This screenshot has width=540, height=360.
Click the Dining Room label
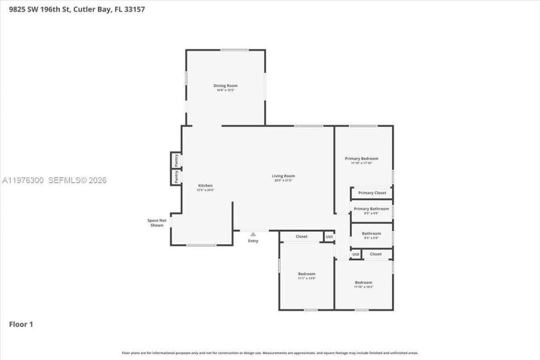coord(225,86)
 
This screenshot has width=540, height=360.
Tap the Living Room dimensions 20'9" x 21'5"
coord(283,181)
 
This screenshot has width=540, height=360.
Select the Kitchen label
coord(205,186)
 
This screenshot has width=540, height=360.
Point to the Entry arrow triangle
coord(253,234)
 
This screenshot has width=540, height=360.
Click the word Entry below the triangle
coord(253,241)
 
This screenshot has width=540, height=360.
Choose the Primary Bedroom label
coord(362,159)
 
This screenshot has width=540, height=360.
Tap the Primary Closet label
coord(372,193)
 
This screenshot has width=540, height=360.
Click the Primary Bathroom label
coord(371,209)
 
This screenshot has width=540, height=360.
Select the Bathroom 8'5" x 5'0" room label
coord(371,233)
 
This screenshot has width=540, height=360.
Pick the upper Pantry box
coord(176,160)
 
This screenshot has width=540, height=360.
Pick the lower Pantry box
coord(176,177)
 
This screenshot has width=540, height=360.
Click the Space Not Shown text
coord(157,223)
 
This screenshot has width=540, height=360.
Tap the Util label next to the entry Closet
coord(329,237)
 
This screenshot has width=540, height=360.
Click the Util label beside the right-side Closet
coord(356,254)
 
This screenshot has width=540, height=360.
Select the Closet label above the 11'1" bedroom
coord(301,237)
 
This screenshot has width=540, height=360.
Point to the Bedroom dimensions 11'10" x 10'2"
coord(363,287)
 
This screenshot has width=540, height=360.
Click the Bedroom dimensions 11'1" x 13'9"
coord(307,279)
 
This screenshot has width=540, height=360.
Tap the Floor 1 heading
coord(21,324)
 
